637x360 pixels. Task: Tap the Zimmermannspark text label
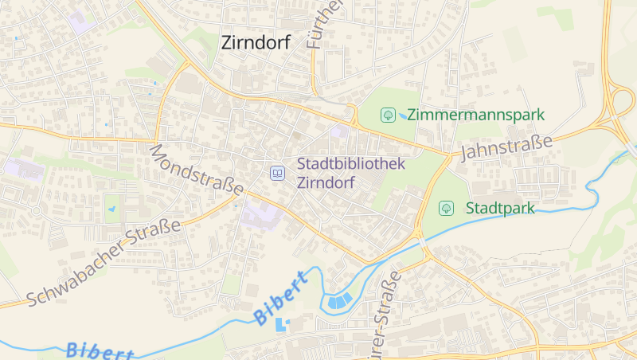click(475, 115)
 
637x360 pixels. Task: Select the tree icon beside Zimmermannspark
click(388, 115)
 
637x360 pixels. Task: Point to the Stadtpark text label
click(500, 208)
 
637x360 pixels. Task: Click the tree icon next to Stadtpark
click(447, 208)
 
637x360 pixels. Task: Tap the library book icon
click(277, 172)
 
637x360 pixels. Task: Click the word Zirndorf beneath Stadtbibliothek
click(326, 181)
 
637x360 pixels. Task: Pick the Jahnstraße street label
click(506, 147)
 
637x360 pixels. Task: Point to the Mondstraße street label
click(196, 170)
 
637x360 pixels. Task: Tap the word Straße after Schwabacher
click(153, 234)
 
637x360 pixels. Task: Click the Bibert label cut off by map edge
click(100, 350)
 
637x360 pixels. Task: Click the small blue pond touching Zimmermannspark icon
click(403, 116)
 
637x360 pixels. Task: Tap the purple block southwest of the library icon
click(261, 214)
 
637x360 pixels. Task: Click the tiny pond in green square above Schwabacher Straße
click(112, 209)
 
